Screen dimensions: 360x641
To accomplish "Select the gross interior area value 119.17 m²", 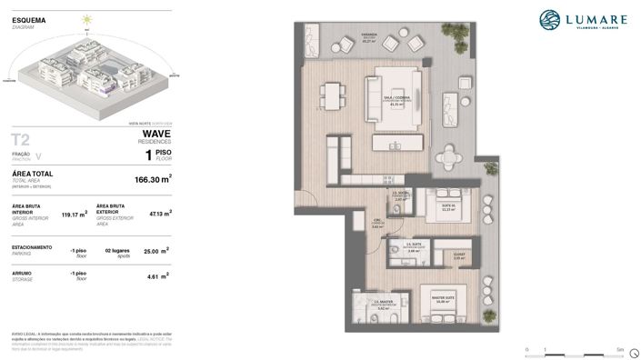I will (74, 215).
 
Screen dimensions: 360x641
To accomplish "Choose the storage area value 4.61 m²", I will (159, 275).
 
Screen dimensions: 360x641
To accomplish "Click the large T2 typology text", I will (20, 139).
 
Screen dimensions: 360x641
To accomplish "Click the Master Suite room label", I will (444, 297).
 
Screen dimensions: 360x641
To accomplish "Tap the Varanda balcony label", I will (369, 39).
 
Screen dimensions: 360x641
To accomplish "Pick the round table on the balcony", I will (449, 157).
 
